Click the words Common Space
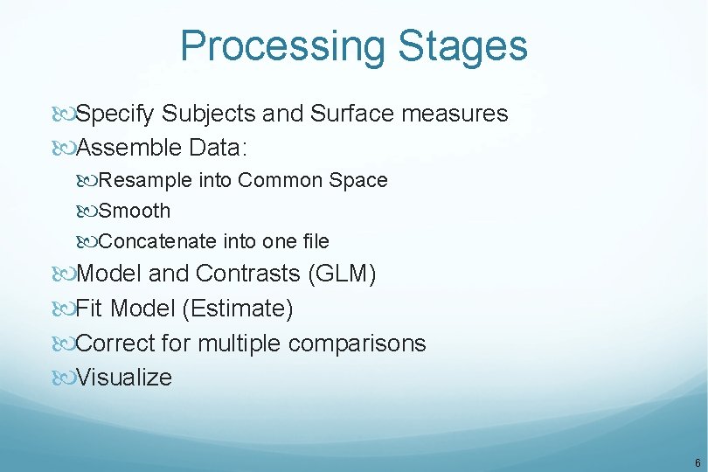click(313, 180)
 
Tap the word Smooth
click(135, 211)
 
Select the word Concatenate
click(158, 241)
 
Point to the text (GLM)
click(342, 274)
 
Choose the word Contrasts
click(247, 274)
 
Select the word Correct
click(115, 344)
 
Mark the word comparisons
click(357, 344)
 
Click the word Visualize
click(124, 378)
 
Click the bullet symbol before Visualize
click(64, 378)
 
